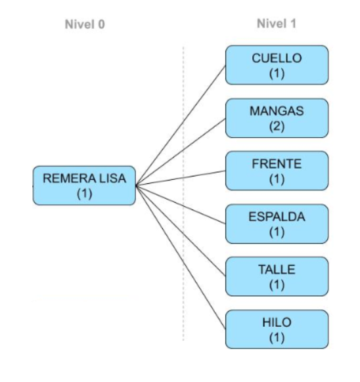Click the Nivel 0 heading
[x=85, y=24]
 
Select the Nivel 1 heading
[x=277, y=24]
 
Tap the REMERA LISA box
[x=84, y=186]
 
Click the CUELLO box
[x=277, y=65]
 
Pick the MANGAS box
[x=277, y=118]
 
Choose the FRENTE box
[x=277, y=171]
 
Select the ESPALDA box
[x=277, y=224]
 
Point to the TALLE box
[x=277, y=276]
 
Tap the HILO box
[x=277, y=329]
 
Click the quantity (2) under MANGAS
[x=277, y=127]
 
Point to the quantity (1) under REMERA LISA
[x=84, y=194]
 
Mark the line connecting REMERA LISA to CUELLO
[x=181, y=125]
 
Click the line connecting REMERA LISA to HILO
[x=181, y=257]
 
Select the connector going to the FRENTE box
[x=181, y=179]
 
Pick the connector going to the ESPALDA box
[x=181, y=205]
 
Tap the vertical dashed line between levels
[x=183, y=194]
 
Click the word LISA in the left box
[x=112, y=178]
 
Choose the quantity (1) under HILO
[x=277, y=337]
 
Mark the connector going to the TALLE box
[x=181, y=231]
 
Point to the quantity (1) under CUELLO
[x=277, y=74]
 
